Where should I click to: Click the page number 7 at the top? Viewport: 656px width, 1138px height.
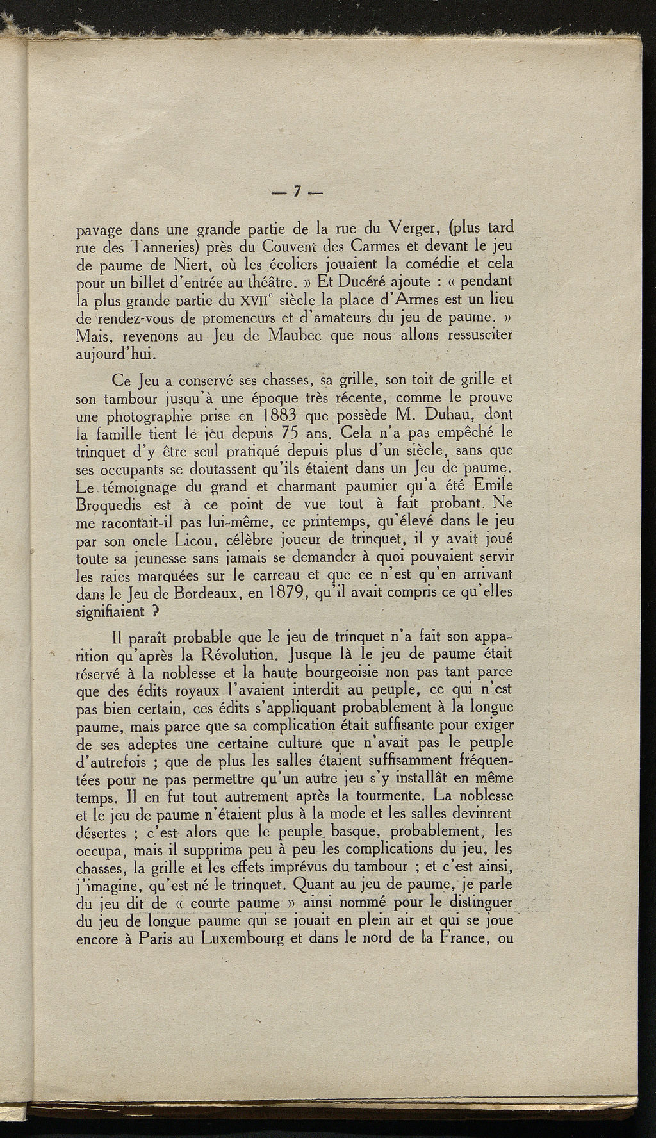tap(297, 192)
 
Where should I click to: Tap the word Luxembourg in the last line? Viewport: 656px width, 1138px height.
tap(242, 940)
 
